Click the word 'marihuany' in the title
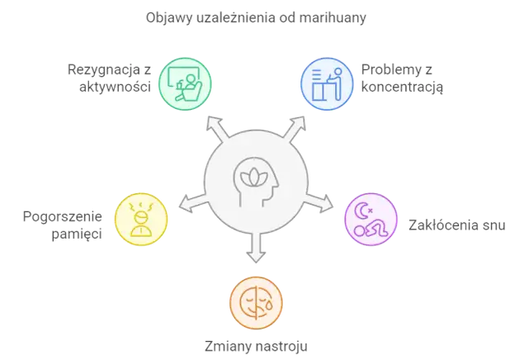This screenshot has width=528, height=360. [332, 17]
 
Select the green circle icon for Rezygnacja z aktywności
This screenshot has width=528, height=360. [185, 84]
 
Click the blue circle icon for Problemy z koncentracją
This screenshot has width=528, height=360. [327, 84]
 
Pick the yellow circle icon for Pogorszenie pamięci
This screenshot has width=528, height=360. [141, 219]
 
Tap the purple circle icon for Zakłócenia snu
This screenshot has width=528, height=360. [371, 219]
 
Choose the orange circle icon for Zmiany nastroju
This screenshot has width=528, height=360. [256, 303]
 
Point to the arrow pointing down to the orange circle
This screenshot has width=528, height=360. [256, 248]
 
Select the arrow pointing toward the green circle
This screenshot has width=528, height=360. [217, 128]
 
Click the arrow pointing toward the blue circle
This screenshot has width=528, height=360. [295, 128]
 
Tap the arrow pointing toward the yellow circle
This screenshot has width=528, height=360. [193, 202]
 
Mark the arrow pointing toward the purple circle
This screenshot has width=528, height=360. [318, 202]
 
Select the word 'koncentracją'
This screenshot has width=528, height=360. [402, 88]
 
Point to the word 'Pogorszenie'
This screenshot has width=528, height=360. [63, 216]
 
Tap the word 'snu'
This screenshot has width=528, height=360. [494, 225]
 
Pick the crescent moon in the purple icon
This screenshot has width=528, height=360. [362, 211]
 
